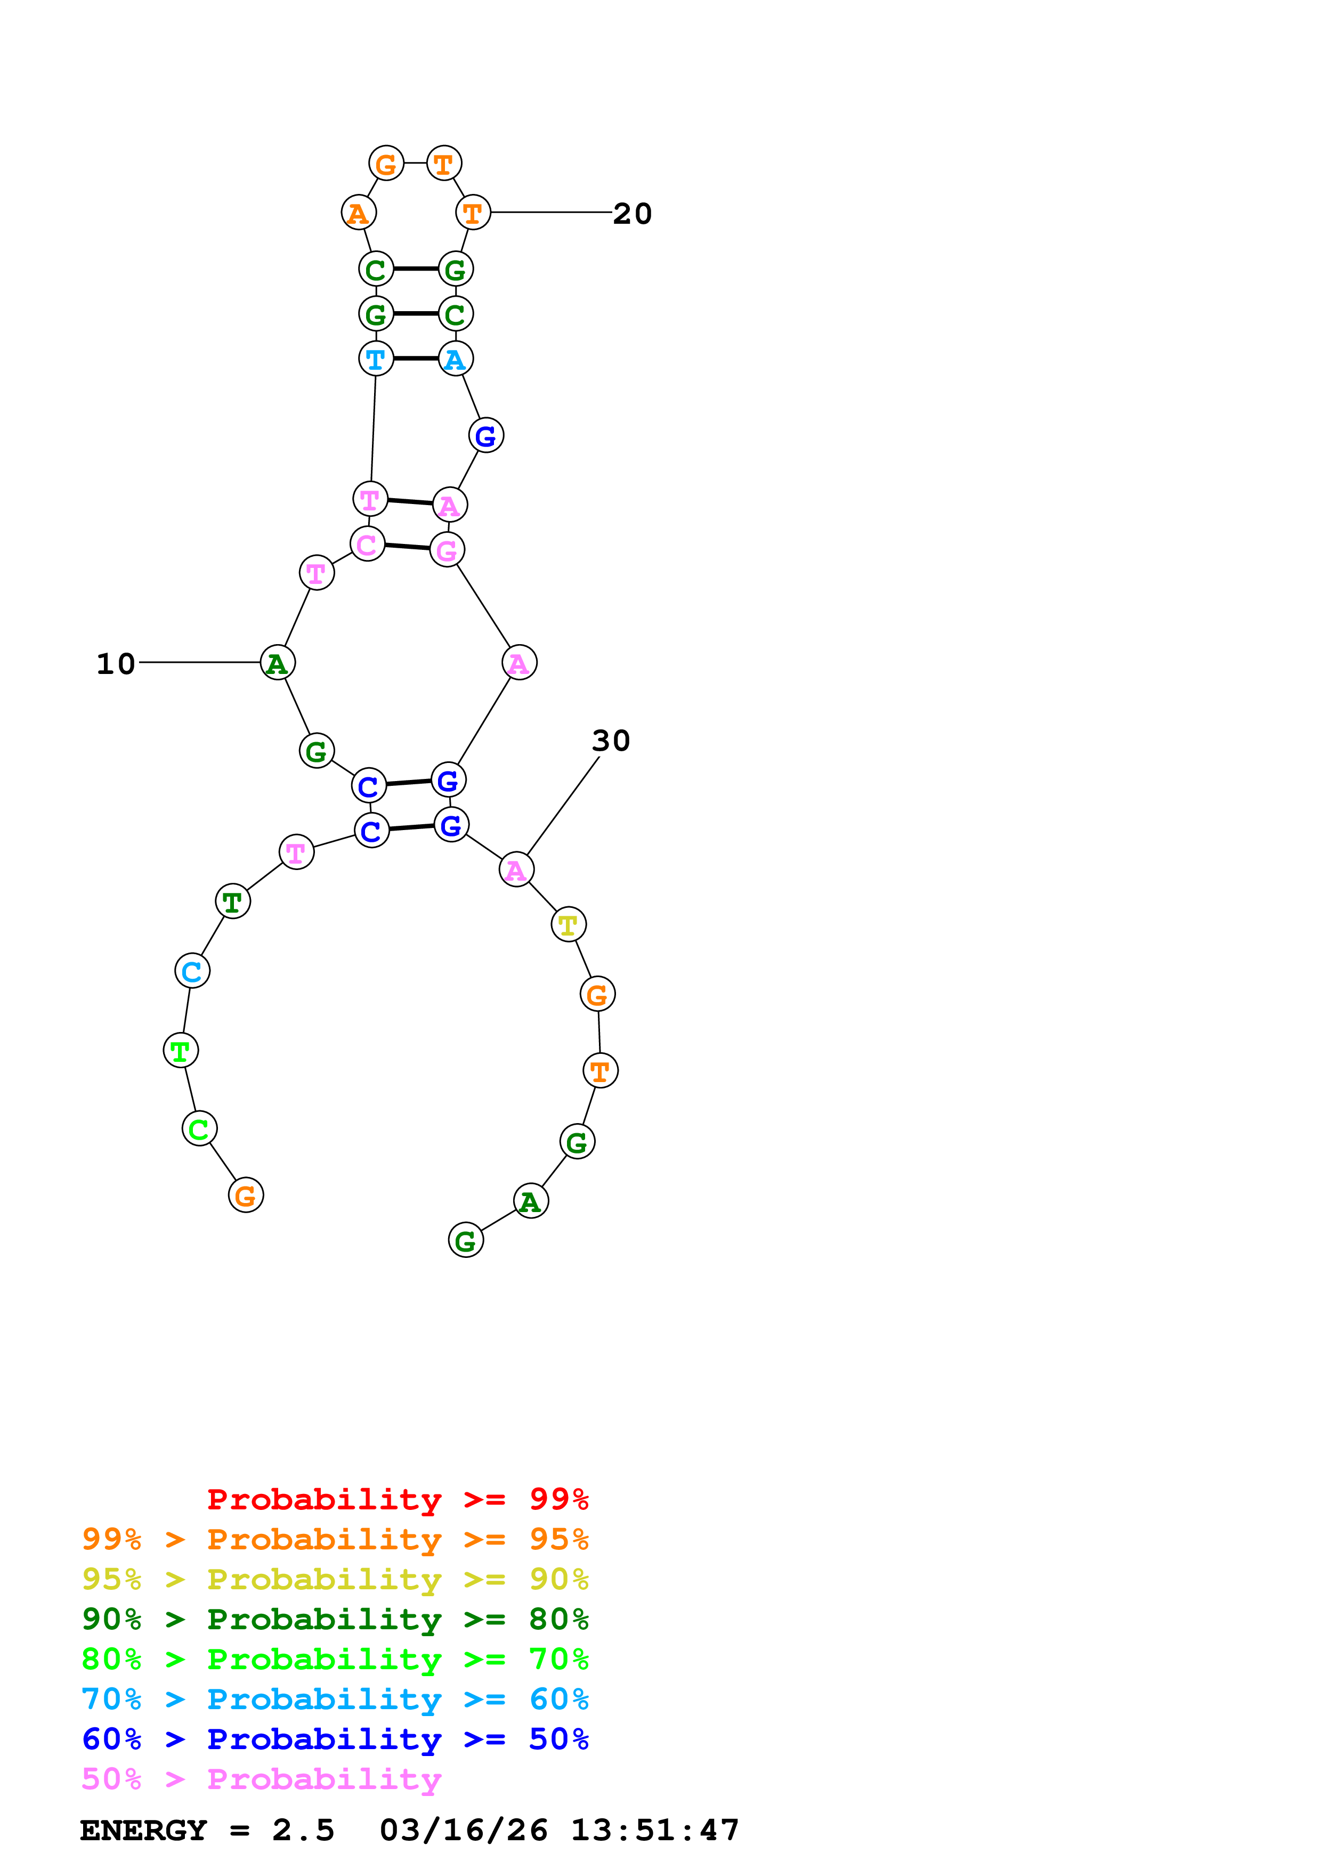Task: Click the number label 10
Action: [116, 663]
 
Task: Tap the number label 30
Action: [611, 741]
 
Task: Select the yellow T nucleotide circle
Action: [568, 925]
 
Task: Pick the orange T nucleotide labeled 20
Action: [473, 213]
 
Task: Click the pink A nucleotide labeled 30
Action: [516, 870]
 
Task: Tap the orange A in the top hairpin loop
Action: [358, 213]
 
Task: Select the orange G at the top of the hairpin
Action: [386, 164]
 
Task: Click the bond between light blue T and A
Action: [415, 358]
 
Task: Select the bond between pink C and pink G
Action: [407, 546]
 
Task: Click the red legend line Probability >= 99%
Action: [397, 1499]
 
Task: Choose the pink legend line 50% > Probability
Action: [261, 1778]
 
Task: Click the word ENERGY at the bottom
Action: [143, 1830]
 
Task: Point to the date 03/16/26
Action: [464, 1830]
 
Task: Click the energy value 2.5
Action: [303, 1830]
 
